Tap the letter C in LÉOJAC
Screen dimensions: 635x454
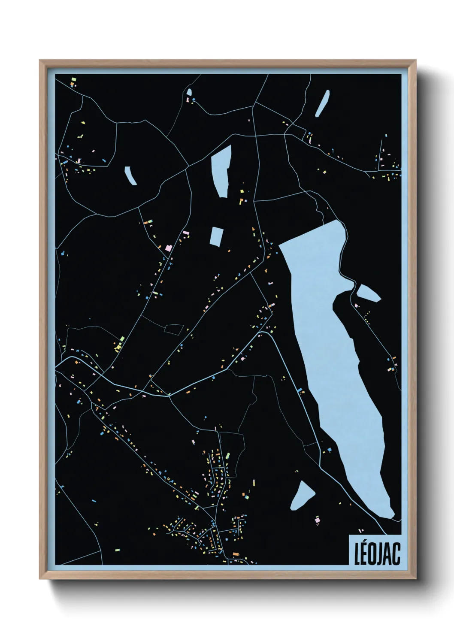396,554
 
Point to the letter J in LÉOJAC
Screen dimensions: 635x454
380,554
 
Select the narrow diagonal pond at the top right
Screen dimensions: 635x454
322,103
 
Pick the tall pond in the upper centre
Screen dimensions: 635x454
221,170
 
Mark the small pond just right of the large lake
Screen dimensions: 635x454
368,293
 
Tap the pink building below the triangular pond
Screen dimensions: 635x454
318,520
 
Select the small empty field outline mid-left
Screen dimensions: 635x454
174,329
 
